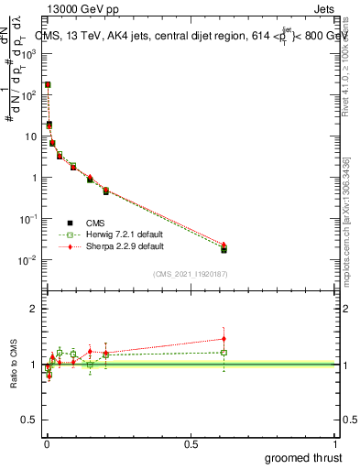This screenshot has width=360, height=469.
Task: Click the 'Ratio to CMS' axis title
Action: (x=14, y=365)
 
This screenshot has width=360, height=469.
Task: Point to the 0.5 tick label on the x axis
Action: (x=191, y=444)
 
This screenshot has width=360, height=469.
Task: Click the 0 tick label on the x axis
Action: (x=47, y=444)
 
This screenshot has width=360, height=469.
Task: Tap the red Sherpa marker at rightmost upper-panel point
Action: (x=224, y=245)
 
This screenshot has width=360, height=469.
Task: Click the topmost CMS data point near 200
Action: (x=48, y=84)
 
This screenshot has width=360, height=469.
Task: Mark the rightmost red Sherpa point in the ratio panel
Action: (x=224, y=339)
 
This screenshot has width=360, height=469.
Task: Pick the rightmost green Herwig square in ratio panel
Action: (x=224, y=352)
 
